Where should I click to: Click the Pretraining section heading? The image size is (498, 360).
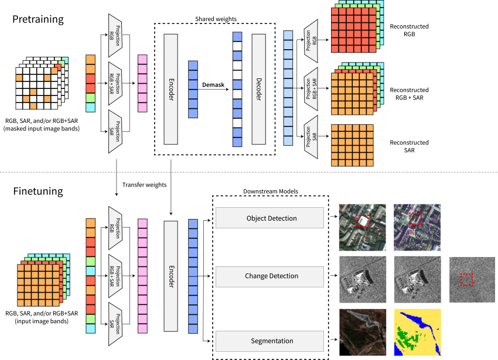[38, 20]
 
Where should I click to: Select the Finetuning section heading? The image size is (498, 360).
[38, 191]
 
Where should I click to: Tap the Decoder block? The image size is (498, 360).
[258, 89]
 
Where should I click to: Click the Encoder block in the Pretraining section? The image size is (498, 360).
[170, 89]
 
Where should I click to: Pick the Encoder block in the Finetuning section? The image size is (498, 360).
[171, 276]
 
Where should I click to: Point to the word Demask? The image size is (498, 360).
[213, 85]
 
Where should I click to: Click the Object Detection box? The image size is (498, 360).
[270, 218]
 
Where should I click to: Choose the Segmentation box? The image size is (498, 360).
[270, 341]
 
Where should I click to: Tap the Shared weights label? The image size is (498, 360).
[216, 19]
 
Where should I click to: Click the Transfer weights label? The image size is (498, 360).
[144, 185]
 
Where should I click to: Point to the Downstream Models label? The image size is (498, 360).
[271, 191]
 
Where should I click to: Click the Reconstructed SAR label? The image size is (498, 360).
[409, 146]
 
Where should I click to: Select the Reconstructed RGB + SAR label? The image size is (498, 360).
[409, 94]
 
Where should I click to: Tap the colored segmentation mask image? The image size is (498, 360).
[418, 332]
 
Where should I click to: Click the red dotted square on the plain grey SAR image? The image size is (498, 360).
[466, 280]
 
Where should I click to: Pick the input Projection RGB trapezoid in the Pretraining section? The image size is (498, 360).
[115, 36]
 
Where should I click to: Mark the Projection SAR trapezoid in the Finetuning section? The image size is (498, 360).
[115, 324]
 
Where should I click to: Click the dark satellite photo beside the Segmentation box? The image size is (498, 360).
[363, 332]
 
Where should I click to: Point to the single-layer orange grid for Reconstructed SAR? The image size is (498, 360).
[352, 145]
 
